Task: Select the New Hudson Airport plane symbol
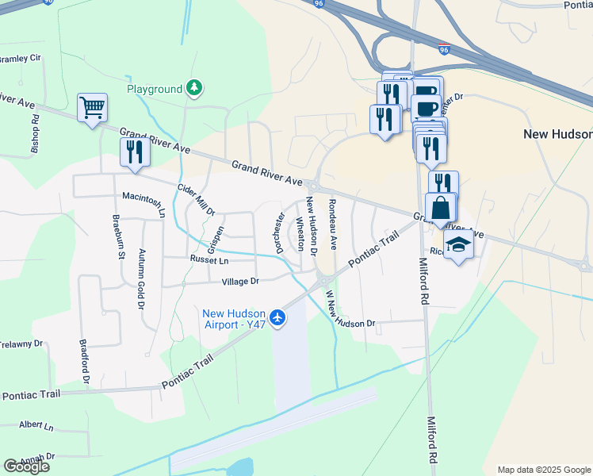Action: coord(277,318)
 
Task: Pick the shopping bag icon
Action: coord(441,208)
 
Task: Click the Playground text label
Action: coord(155,89)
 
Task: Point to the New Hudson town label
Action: coord(557,134)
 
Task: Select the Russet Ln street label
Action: coord(209,260)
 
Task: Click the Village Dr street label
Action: coord(240,282)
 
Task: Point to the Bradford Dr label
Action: coord(85,363)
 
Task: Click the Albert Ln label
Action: coord(36,426)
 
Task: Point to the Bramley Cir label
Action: coord(20,59)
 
